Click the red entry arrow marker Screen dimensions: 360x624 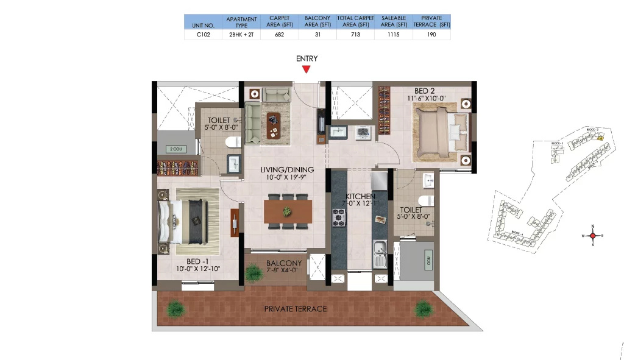click(x=307, y=69)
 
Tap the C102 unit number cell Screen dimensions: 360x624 click(x=204, y=35)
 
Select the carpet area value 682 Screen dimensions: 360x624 click(x=279, y=35)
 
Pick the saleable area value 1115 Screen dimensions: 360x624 click(x=394, y=35)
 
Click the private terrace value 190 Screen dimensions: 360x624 click(x=431, y=35)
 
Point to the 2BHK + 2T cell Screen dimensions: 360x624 click(x=241, y=35)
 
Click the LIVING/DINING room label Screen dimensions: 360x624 click(x=287, y=169)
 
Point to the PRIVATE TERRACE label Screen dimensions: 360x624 click(x=296, y=309)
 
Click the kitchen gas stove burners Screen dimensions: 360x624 click(x=339, y=217)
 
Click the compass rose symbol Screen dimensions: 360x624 click(x=592, y=235)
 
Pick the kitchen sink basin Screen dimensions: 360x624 click(x=380, y=249)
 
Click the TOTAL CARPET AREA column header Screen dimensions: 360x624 click(x=355, y=22)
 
